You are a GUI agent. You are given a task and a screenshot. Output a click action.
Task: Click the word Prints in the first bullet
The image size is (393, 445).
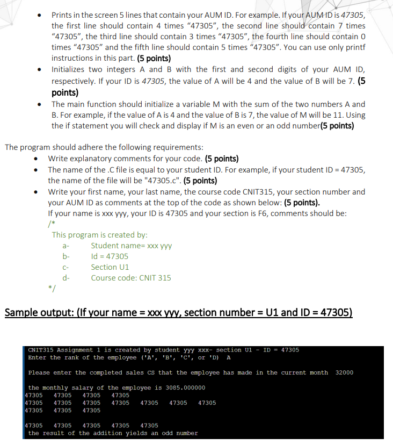pyautogui.click(x=62, y=16)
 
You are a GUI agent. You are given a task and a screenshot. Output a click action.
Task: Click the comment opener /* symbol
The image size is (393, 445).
pyautogui.click(x=52, y=224)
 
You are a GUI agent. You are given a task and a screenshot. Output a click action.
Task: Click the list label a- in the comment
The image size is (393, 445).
pyautogui.click(x=67, y=246)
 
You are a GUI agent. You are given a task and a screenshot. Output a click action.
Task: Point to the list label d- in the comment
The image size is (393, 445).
pyautogui.click(x=67, y=278)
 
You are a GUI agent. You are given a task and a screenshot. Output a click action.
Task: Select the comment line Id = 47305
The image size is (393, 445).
pyautogui.click(x=110, y=256)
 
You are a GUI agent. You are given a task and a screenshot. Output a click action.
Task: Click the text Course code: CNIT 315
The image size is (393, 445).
pyautogui.click(x=131, y=278)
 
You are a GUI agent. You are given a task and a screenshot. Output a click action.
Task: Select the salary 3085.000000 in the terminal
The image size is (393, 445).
pyautogui.click(x=183, y=387)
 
